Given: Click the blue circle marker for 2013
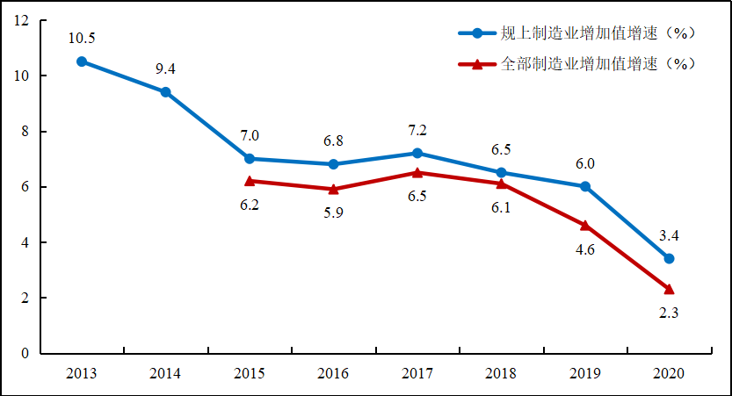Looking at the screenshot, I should point(82,61).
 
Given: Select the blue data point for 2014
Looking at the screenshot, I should point(165,92).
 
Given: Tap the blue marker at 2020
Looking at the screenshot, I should point(669,259).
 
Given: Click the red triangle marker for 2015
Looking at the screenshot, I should point(250,181).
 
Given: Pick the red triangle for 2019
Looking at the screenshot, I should point(585,226).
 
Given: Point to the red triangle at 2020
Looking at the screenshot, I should point(669,289).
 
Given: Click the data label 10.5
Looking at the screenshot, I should point(82,39).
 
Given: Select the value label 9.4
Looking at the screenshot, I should point(165,69).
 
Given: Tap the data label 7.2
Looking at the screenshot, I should point(417,130).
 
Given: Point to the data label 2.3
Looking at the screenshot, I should point(669,313).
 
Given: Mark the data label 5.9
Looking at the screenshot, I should point(333,213).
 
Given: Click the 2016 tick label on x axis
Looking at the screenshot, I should point(333,374).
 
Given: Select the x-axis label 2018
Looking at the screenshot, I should point(501,374).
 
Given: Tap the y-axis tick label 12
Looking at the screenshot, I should point(22,20).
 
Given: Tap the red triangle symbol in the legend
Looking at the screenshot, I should point(477,64).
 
